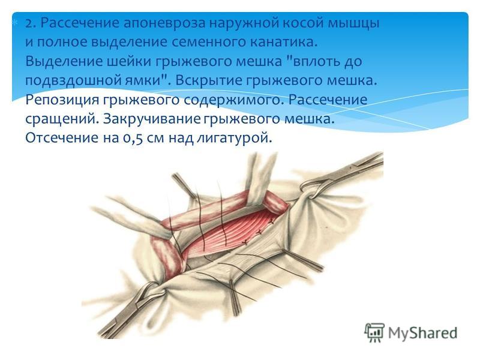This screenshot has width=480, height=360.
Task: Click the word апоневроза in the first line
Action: coord(164,23)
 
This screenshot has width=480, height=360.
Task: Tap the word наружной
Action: coord(242,24)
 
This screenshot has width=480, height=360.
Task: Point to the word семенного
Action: coord(208,42)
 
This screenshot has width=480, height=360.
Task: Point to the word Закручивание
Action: coord(152,119)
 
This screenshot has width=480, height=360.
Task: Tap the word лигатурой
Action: coord(234,139)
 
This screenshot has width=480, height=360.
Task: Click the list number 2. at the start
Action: coord(31,23)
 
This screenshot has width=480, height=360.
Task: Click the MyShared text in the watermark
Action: coord(422,333)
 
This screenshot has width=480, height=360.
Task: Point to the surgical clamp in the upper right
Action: coord(342,175)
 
